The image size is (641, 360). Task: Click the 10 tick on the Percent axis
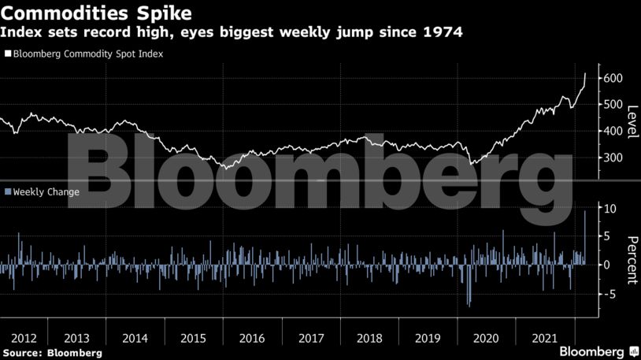610,208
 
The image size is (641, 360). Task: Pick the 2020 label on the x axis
486,338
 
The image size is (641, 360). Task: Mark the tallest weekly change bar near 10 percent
585,237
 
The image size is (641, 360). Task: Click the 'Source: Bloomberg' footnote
53,353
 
